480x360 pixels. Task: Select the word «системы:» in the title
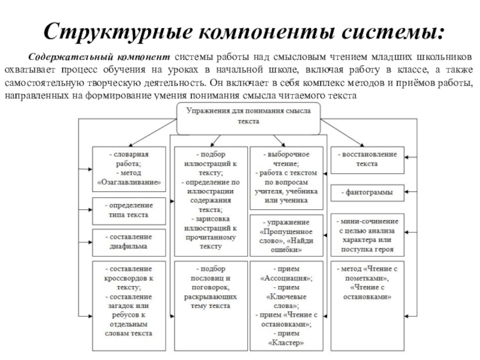[393, 32]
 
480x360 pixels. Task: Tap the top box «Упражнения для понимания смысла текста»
[248, 118]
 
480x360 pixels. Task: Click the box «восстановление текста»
[367, 160]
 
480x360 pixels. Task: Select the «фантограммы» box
[367, 193]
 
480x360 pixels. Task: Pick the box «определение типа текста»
[129, 211]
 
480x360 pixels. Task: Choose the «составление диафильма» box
[129, 242]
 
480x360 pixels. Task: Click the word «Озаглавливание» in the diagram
[129, 182]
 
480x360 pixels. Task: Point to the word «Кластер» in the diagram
[286, 343]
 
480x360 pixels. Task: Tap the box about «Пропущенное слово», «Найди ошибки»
[287, 235]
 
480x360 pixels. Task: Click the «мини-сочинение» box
[367, 235]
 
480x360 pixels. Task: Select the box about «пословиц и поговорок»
[211, 305]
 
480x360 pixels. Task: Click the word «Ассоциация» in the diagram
[286, 278]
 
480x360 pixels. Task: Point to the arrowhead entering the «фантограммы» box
[407, 192]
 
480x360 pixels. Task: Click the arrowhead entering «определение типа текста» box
[90, 209]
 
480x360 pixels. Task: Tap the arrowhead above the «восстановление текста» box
[362, 145]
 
